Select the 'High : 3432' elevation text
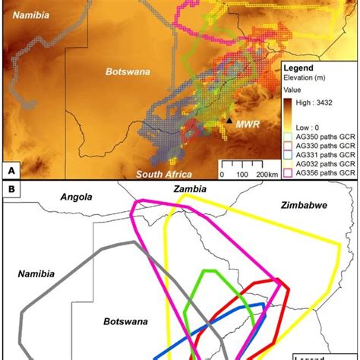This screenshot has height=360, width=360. click(x=318, y=90)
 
